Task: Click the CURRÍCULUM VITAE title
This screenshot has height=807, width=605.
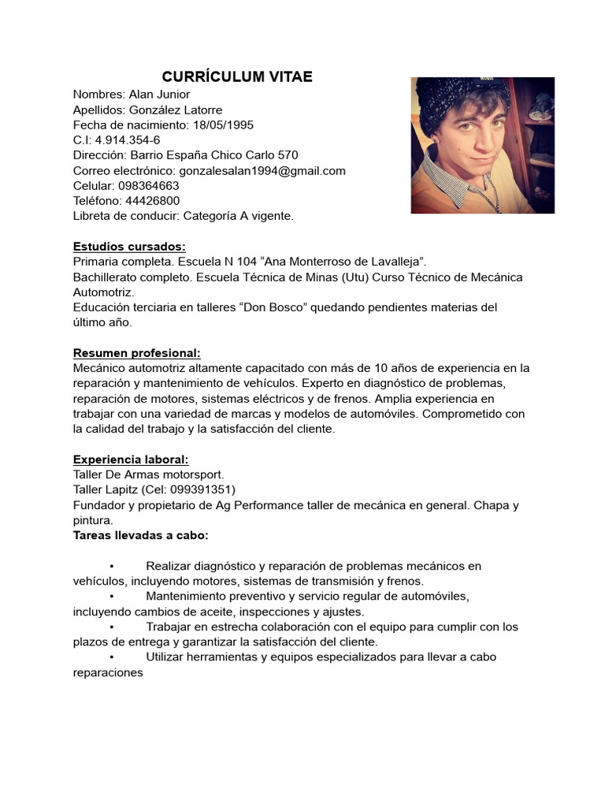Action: (237, 76)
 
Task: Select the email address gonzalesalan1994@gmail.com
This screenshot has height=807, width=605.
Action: (262, 170)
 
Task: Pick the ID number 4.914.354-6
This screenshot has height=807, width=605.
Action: (128, 140)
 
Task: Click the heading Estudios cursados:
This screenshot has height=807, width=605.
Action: (129, 246)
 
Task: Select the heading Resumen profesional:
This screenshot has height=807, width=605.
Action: (136, 352)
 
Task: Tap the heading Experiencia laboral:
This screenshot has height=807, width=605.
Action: (131, 459)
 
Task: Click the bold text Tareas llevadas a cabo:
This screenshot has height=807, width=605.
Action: (140, 536)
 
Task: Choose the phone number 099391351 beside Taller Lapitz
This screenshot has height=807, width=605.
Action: (203, 490)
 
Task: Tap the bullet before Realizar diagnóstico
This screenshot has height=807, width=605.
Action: (113, 567)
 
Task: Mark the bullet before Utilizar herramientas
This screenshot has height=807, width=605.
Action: (113, 657)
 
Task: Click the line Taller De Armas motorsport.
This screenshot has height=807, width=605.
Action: (148, 474)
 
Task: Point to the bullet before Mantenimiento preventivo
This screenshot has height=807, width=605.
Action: (113, 597)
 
